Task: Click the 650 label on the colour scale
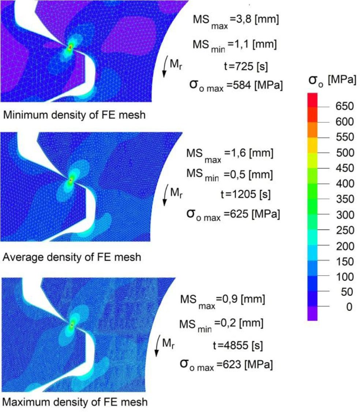[343, 107]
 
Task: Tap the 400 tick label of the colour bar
[343, 183]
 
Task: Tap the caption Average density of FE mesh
[72, 257]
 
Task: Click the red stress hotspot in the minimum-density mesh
[70, 47]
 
